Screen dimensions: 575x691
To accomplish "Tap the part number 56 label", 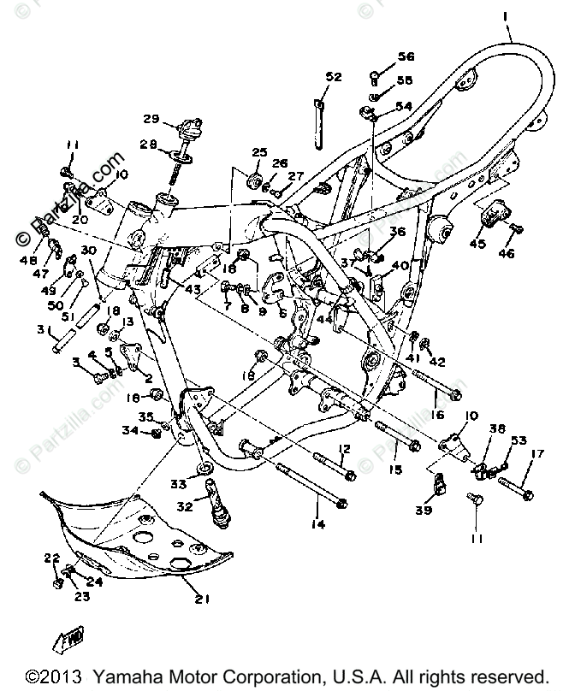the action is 405,57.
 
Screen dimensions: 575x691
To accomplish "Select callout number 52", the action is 333,77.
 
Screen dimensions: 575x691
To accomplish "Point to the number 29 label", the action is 151,118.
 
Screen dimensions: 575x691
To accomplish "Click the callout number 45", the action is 477,245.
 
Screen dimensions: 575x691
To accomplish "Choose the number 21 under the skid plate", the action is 200,599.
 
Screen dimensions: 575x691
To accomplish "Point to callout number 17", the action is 536,454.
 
